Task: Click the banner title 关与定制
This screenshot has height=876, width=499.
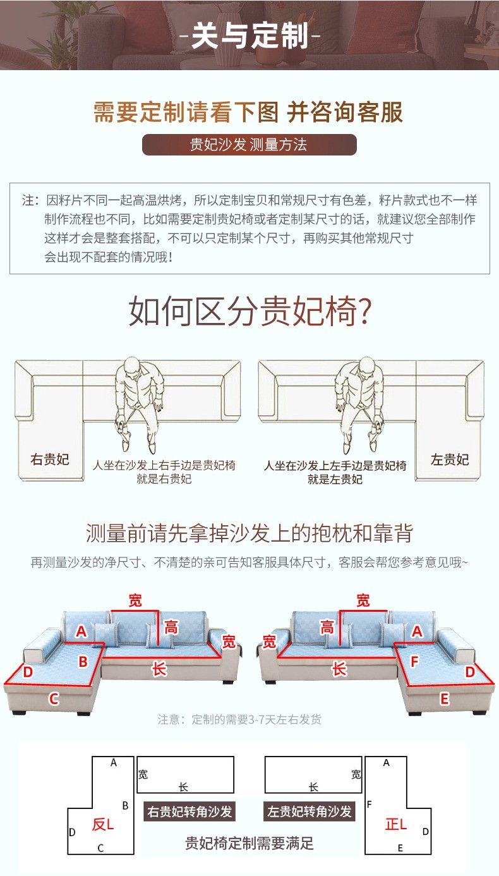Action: [250, 35]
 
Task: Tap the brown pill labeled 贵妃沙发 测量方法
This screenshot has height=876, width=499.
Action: [249, 145]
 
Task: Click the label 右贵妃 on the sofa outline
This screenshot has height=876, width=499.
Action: [50, 459]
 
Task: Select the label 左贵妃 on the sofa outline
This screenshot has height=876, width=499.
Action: [450, 459]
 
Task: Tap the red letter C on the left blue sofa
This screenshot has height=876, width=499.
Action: [54, 698]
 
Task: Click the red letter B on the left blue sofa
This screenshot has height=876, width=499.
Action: [83, 662]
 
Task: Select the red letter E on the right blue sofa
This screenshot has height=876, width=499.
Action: [444, 699]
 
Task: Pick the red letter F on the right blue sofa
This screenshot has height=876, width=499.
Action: [414, 661]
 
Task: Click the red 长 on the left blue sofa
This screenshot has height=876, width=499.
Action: [159, 669]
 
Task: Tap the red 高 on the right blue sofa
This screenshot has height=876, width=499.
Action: [327, 627]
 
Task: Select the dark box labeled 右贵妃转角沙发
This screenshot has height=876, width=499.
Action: [189, 811]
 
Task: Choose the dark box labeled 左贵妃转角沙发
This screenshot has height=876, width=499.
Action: [309, 811]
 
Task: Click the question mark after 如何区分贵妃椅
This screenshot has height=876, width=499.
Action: [364, 312]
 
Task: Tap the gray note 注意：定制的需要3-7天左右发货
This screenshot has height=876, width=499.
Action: [239, 719]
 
